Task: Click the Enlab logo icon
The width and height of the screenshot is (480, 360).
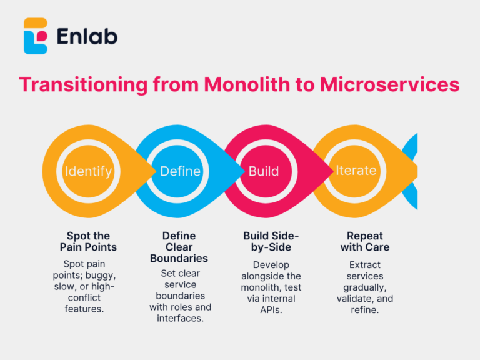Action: click(x=36, y=36)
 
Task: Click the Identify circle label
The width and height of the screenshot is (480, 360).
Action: click(x=89, y=171)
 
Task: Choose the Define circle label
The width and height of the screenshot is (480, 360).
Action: click(x=180, y=171)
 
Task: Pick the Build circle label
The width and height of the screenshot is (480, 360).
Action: click(x=264, y=171)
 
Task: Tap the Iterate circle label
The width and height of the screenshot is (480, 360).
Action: click(x=356, y=170)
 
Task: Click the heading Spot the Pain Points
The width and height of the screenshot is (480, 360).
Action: click(x=89, y=241)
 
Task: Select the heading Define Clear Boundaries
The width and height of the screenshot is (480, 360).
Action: click(x=179, y=247)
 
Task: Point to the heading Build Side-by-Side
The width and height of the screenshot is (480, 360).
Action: click(x=271, y=241)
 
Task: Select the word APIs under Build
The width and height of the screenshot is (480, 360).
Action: click(x=271, y=309)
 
